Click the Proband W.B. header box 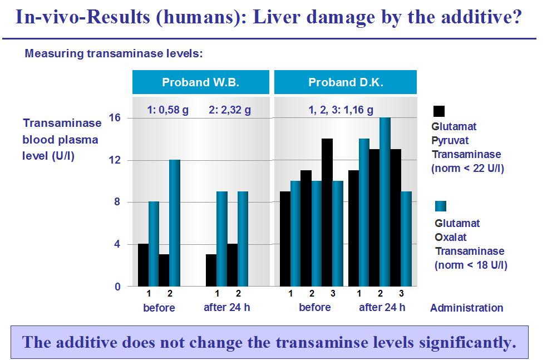tap(200, 82)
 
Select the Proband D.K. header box tap(346, 82)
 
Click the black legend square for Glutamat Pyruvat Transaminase tap(438, 111)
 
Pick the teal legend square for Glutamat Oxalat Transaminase tap(441, 206)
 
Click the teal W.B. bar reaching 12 tap(175, 223)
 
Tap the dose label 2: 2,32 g tap(229, 110)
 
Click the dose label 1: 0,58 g tap(167, 110)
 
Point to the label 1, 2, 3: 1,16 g tap(341, 110)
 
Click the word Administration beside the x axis tap(466, 308)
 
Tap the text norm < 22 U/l tap(468, 168)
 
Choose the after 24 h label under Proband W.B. tap(226, 307)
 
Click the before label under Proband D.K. tap(314, 307)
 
